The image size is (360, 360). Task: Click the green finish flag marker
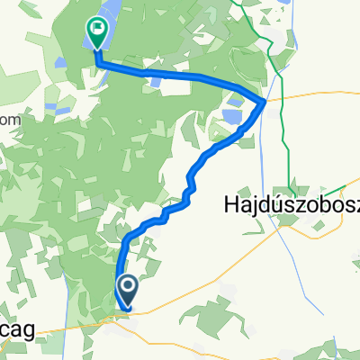point(95,34)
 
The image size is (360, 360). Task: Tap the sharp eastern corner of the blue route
point(263,101)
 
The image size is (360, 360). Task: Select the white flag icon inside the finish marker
point(95,29)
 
